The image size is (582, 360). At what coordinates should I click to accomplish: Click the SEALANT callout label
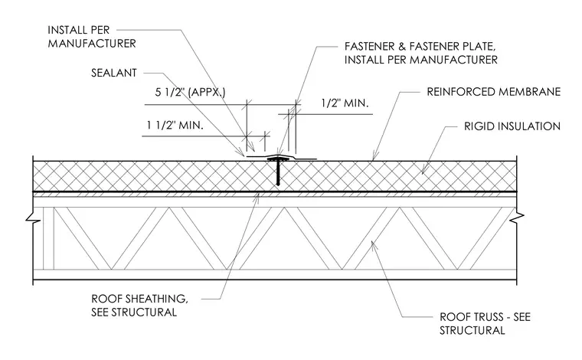coord(114,73)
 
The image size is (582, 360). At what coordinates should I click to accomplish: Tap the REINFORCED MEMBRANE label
coord(494,92)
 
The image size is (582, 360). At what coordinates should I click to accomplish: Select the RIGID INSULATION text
coord(512,126)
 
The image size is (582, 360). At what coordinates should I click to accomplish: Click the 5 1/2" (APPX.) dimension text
coord(190,92)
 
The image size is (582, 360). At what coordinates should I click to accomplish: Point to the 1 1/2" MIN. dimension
coord(175,125)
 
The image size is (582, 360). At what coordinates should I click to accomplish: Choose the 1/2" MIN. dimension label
coord(345,103)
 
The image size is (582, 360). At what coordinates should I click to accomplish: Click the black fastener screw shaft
coord(278,172)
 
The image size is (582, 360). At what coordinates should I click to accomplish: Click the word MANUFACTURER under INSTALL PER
coord(92,44)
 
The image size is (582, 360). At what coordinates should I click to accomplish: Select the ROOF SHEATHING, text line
coord(139,299)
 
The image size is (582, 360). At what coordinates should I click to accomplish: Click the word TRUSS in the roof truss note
coord(489,317)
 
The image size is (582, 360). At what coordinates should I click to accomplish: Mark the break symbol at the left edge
coord(33,218)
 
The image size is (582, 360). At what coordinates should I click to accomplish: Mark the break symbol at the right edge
coord(517,218)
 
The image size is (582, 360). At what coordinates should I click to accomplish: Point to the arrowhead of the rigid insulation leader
coord(423,172)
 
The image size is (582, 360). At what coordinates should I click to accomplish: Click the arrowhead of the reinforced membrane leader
coord(374,157)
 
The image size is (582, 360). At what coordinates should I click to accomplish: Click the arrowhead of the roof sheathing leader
coord(257,196)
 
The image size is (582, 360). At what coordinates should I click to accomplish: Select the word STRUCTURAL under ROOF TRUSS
coord(472,330)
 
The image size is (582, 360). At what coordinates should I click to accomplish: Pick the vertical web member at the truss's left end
coord(48,238)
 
